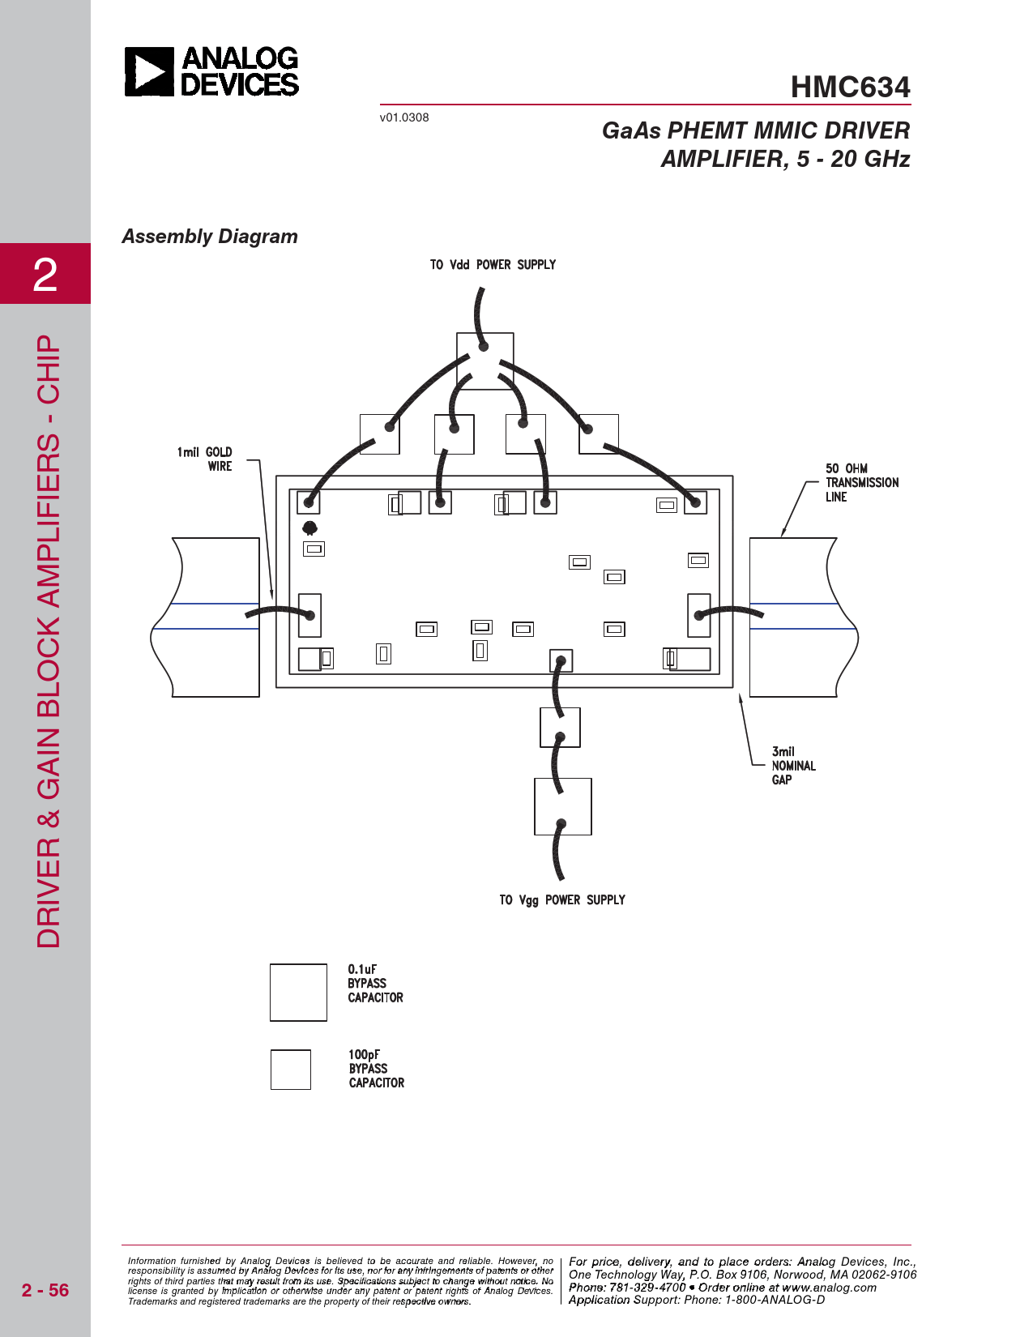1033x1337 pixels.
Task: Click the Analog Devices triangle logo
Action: [x=149, y=71]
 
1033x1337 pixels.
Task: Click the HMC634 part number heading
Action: [x=850, y=87]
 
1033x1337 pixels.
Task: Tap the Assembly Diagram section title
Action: [x=210, y=237]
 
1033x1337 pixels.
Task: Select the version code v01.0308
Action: [x=404, y=117]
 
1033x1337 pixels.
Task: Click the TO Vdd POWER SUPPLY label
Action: [x=493, y=265]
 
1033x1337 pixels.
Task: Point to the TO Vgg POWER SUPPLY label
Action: [x=562, y=900]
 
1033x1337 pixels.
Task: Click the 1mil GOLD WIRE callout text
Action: [x=205, y=459]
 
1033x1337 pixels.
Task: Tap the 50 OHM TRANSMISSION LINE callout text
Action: [x=862, y=482]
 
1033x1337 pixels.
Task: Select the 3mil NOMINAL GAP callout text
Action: [x=794, y=766]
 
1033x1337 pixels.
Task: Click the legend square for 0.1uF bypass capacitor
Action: [x=298, y=993]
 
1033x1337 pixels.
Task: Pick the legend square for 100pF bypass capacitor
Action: [x=290, y=1070]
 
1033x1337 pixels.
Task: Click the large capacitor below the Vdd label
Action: [x=484, y=361]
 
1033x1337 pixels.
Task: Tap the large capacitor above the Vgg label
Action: [x=563, y=806]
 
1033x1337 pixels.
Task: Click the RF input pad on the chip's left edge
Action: [x=309, y=615]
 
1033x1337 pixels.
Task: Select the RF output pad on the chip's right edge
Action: [x=699, y=615]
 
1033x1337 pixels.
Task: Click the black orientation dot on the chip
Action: [x=310, y=528]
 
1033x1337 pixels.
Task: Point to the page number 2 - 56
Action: [x=45, y=1290]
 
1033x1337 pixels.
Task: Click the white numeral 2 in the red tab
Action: [x=45, y=275]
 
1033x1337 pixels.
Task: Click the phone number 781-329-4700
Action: [x=647, y=1287]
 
